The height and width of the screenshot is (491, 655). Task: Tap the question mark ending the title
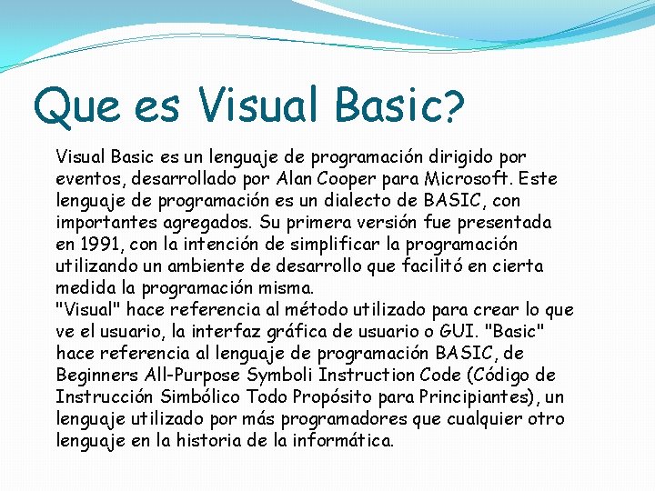click(x=452, y=109)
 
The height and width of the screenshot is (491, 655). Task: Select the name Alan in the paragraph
click(x=290, y=178)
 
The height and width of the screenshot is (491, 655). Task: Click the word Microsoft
click(x=459, y=178)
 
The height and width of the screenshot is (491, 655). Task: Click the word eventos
click(x=90, y=179)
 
